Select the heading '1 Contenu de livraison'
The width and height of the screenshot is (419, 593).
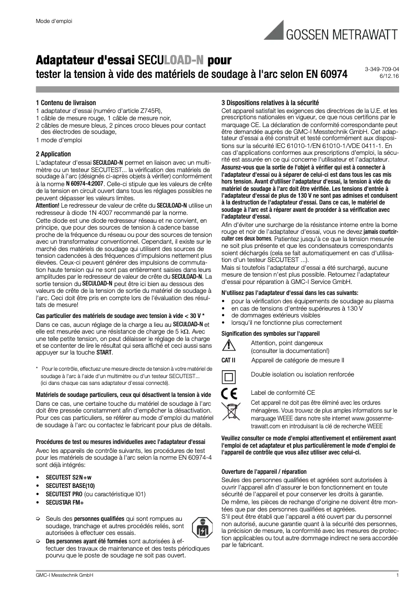[65, 103]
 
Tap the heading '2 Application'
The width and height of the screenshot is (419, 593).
[53, 154]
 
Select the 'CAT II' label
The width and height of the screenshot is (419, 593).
[229, 360]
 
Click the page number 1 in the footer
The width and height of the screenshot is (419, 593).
[397, 576]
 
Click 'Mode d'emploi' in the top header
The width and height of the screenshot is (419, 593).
[53, 21]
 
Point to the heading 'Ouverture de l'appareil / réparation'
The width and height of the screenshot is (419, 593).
[264, 472]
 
